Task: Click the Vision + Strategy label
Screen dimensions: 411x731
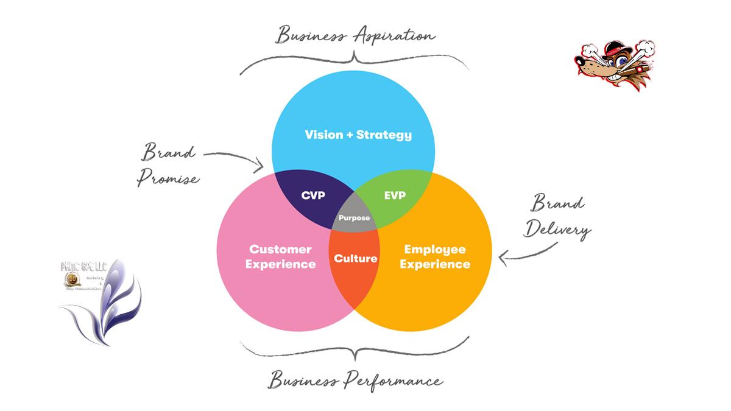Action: point(358,135)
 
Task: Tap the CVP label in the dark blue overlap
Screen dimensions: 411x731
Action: point(313,195)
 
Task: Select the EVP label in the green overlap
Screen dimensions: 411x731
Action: point(395,195)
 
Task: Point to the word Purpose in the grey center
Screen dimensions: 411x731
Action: point(354,218)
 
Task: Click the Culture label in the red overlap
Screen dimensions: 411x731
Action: point(355,258)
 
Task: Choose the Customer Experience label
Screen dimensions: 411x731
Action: point(282,256)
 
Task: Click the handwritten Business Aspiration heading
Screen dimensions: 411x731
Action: point(356,35)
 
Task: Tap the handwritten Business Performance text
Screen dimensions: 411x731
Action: point(356,381)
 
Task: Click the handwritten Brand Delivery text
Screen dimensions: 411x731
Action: point(557,216)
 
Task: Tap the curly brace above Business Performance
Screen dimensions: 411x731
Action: point(355,348)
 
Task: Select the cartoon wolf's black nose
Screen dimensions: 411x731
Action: point(579,59)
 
